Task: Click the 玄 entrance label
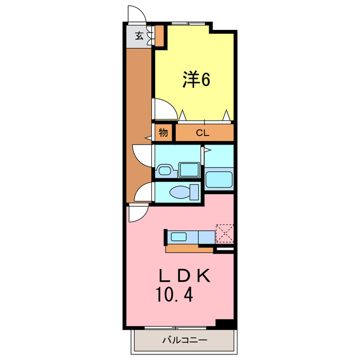[138, 37]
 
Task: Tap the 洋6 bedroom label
[196, 80]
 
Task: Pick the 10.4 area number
[175, 294]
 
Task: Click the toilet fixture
[182, 192]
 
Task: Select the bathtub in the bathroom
[218, 179]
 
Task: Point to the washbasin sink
[165, 170]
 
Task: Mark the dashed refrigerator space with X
[225, 232]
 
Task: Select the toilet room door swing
[144, 192]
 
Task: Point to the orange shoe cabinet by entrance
[159, 37]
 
